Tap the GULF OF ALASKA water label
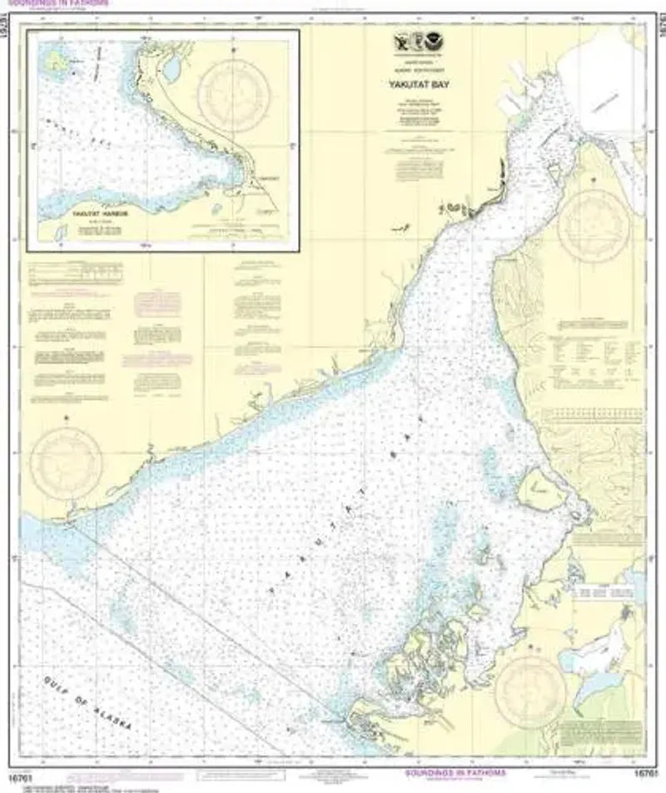[87, 701]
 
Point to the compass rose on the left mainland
[67, 461]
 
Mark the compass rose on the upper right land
[594, 222]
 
